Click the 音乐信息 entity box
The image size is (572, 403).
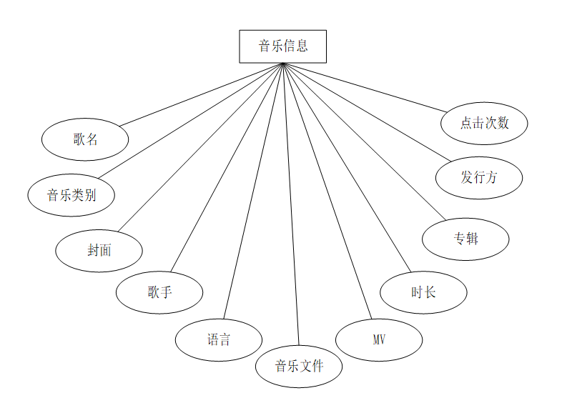pos(282,46)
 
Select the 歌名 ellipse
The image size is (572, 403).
pos(85,139)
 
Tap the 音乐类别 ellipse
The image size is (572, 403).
pos(71,194)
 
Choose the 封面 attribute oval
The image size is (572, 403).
pos(99,251)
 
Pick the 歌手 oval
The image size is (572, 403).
pos(159,292)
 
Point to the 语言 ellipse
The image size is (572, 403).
pos(219,339)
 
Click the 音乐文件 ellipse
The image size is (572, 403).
pos(299,367)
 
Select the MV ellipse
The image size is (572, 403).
pos(379,339)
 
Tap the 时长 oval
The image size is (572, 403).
pos(423,292)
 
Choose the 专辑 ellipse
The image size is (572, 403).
pos(465,239)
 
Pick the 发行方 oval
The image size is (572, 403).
pos(479,178)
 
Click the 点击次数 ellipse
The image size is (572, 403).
pos(485,123)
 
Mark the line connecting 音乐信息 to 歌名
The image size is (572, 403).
pos(202,94)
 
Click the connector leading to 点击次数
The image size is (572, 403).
pos(365,87)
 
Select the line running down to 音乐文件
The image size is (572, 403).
pos(291,204)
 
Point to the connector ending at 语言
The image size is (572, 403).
pos(254,191)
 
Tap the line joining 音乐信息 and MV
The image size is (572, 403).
pos(327,191)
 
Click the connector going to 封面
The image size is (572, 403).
pos(201,147)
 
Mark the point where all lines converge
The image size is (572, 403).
pos(283,64)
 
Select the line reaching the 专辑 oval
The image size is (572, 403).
pos(364,141)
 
